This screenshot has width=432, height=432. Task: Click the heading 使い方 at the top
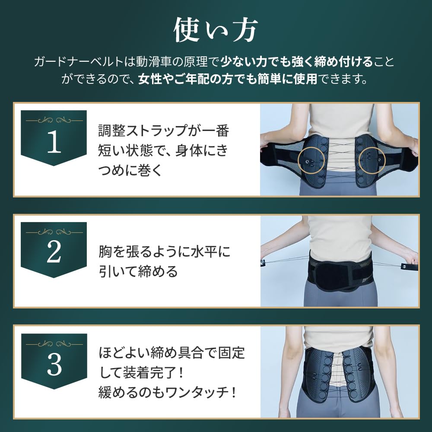pyautogui.click(x=216, y=30)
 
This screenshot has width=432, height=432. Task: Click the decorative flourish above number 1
pyautogui.click(x=54, y=120)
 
